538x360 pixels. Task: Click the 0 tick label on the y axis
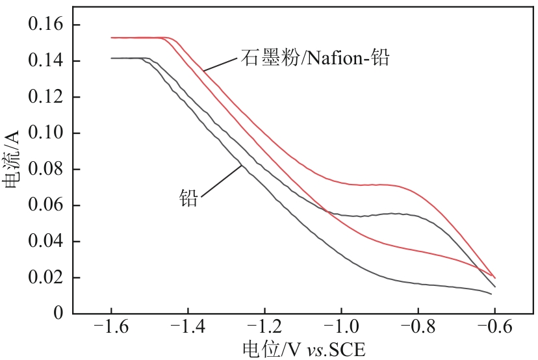(x=58, y=314)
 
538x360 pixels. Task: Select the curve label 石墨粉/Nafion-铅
(x=314, y=59)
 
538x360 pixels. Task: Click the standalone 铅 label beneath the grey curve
(x=188, y=198)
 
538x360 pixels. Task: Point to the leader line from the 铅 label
(x=222, y=179)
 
